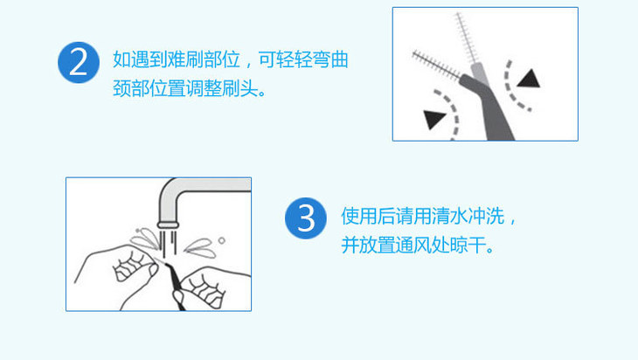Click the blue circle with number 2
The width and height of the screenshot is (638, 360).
click(79, 63)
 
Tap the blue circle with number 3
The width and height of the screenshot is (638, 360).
click(306, 218)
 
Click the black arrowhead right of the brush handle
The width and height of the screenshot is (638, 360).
click(529, 79)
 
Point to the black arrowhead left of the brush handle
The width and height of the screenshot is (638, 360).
click(433, 119)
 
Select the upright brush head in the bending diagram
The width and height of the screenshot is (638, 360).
click(467, 38)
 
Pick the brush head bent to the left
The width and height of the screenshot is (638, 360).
click(436, 65)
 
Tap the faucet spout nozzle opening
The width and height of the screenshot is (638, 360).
click(168, 225)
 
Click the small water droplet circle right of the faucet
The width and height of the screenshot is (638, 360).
click(221, 240)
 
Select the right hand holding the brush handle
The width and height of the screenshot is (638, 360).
click(212, 289)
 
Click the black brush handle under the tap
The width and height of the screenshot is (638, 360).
click(176, 286)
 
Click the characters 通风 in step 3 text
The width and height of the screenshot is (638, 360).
click(413, 245)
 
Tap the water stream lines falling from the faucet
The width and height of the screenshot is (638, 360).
click(168, 243)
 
